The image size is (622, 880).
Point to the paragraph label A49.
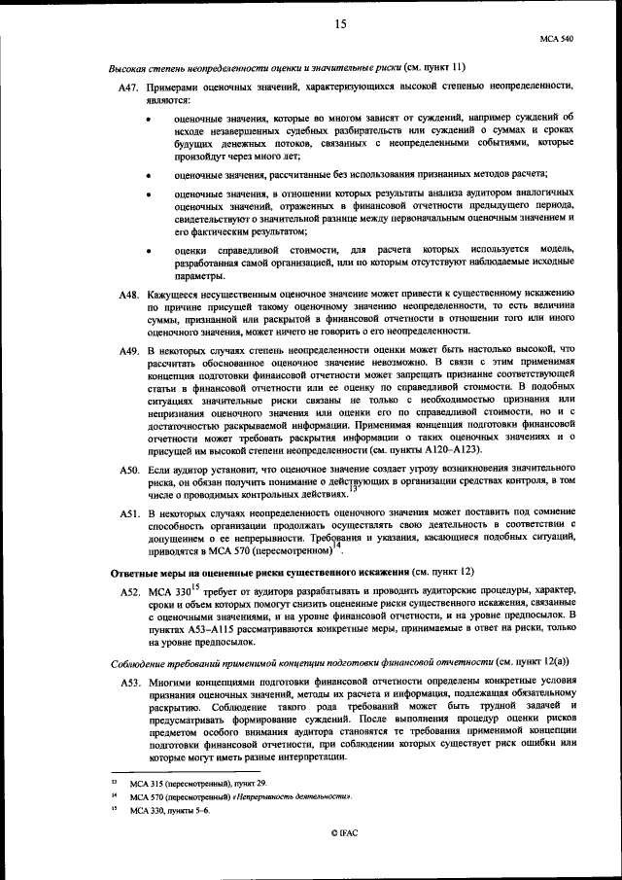pos(130,349)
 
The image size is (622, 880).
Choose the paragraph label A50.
pos(130,471)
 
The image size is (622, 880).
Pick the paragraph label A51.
pos(130,513)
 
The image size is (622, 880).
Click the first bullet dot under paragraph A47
pos(148,119)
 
